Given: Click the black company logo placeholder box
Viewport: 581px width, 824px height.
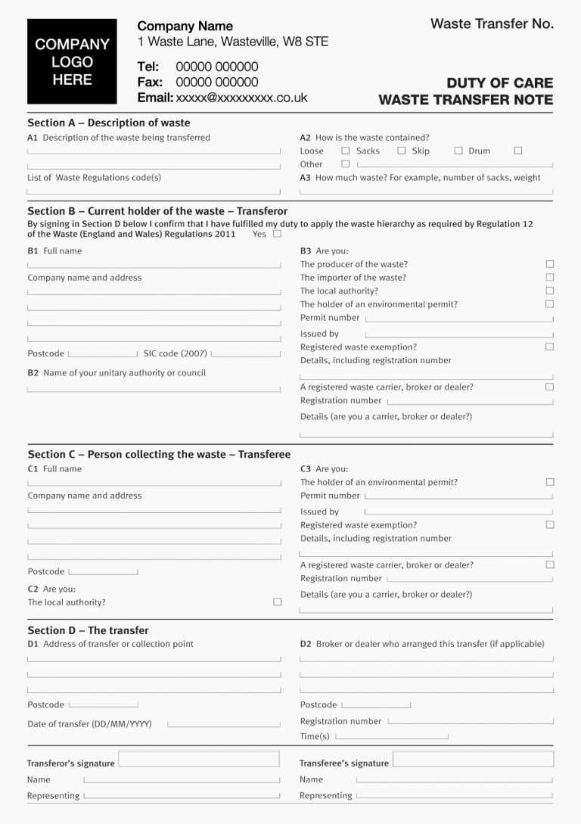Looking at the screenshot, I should point(72,61).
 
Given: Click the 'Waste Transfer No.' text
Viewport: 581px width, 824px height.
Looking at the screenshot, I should point(492,24).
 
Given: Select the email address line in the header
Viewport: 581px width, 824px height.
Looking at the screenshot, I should point(222,98).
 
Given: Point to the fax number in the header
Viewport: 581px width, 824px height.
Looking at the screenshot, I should point(216,82).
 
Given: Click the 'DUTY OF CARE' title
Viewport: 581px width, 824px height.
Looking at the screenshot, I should point(499,82).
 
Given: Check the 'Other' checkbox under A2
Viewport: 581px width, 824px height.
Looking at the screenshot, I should point(346,163).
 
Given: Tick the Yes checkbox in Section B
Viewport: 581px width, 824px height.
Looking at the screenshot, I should point(277,234).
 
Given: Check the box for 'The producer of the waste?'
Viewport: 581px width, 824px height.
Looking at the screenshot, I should point(550,264).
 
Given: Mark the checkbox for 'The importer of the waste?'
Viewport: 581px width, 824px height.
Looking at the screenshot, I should point(550,278).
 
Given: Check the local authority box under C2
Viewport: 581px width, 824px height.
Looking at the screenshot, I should point(277,602).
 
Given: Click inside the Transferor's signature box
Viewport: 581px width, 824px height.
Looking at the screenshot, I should point(199,759).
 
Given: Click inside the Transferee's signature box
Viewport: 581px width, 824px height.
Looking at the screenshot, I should point(473,759).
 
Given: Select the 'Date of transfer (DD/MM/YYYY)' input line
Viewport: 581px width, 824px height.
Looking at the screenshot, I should point(223,726).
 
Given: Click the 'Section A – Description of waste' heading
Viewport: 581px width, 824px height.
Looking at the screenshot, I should point(109,123).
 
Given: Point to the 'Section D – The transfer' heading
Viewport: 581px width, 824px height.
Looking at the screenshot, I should point(88,630).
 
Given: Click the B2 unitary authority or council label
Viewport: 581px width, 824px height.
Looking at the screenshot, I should point(117,373).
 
